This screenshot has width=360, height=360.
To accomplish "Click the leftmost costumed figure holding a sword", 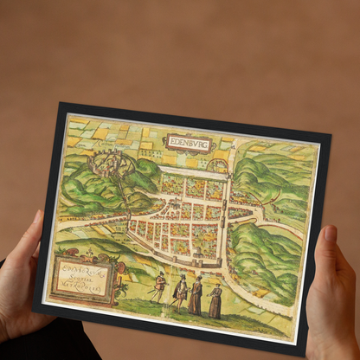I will (x=159, y=286).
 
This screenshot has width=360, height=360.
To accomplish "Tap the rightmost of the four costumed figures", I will (x=215, y=300).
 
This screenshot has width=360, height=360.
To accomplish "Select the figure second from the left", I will (x=181, y=292).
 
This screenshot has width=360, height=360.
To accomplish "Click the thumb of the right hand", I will (x=329, y=239).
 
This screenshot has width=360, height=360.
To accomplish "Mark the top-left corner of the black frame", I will (x=61, y=105).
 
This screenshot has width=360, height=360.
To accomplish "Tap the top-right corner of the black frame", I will (x=331, y=135).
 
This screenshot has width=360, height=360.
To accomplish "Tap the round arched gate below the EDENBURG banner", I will (x=220, y=164).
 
